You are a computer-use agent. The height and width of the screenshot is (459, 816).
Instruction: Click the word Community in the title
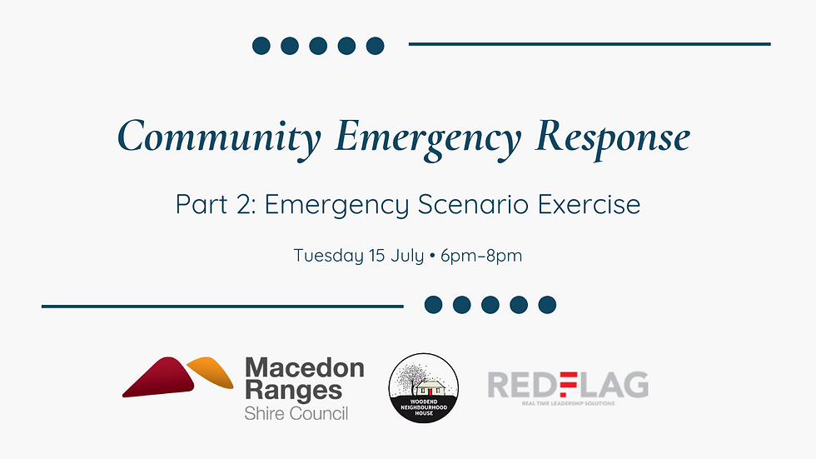pyautogui.click(x=219, y=137)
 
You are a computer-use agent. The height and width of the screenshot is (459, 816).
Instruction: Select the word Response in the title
pyautogui.click(x=612, y=137)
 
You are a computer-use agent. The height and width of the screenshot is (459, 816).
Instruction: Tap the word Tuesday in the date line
pyautogui.click(x=328, y=255)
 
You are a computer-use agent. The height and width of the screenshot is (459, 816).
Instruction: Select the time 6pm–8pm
pyautogui.click(x=486, y=255)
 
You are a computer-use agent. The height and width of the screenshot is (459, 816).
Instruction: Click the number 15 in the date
pyautogui.click(x=376, y=255)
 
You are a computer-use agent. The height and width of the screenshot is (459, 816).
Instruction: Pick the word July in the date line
pyautogui.click(x=408, y=255)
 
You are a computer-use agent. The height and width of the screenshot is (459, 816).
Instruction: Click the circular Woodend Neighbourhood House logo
pyautogui.click(x=424, y=388)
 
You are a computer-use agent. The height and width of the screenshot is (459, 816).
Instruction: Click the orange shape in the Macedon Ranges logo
pyautogui.click(x=211, y=372)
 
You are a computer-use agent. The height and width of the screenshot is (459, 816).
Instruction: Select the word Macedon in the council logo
pyautogui.click(x=304, y=367)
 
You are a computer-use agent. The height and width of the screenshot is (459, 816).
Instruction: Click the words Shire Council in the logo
pyautogui.click(x=296, y=413)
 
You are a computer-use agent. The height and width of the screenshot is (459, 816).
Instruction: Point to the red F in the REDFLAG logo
pyautogui.click(x=567, y=385)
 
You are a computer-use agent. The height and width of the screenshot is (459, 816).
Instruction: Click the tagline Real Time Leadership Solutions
pyautogui.click(x=567, y=403)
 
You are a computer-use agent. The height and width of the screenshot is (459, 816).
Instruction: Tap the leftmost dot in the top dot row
pyautogui.click(x=261, y=45)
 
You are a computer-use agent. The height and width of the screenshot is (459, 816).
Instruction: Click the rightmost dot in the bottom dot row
pyautogui.click(x=547, y=305)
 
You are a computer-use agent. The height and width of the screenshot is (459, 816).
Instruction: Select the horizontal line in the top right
pyautogui.click(x=589, y=44)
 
